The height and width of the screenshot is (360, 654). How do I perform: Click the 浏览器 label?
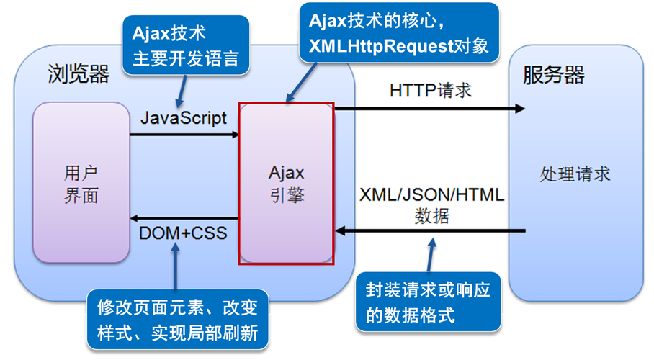point(79,73)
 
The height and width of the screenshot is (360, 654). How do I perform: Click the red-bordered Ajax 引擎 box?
point(287,184)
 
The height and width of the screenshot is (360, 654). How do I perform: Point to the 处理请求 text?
point(575,174)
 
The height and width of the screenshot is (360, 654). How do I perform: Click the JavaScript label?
point(183,117)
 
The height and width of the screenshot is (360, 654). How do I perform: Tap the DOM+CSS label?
point(183,233)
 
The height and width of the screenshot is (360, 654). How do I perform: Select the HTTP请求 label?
point(431,91)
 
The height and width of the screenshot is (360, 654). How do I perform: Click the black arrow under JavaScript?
point(184,134)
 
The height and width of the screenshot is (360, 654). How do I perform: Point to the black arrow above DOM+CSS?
point(184,217)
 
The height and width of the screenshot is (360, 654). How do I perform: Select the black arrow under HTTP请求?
point(430,109)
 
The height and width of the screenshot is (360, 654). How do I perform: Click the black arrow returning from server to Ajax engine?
point(430,231)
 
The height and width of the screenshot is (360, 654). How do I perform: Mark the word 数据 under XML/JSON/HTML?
point(432,216)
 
